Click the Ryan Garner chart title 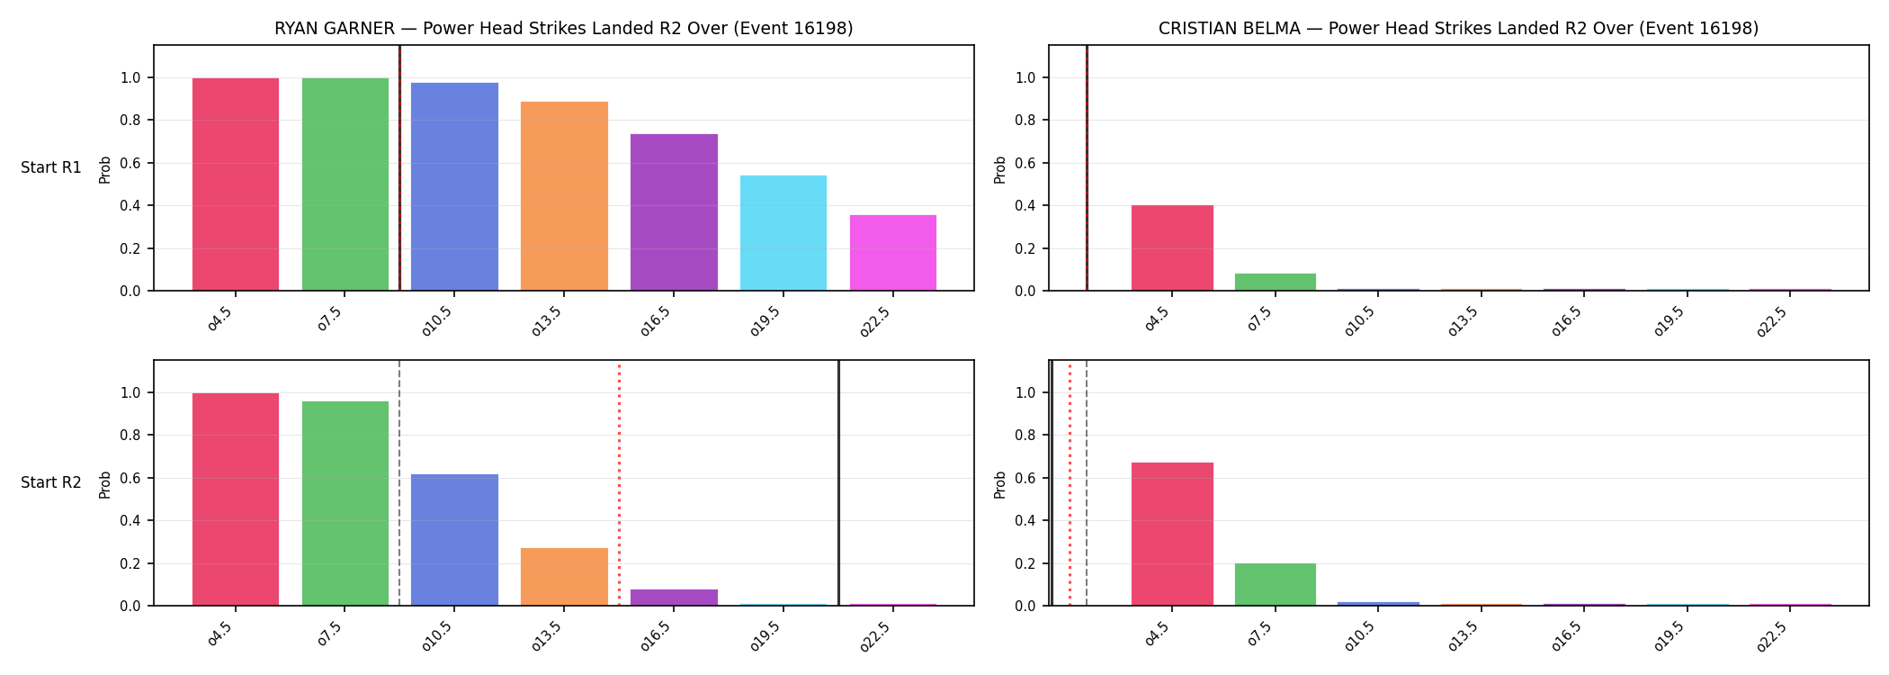(564, 29)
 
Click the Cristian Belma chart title (1458, 29)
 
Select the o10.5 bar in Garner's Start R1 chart (454, 186)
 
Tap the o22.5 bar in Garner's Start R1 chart (893, 253)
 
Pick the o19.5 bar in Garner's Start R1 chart (783, 233)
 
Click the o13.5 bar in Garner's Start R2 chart (564, 577)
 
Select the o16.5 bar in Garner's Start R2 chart (674, 598)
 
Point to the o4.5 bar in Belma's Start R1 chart (1172, 247)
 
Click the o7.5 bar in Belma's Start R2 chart (1276, 584)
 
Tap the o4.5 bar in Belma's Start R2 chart (1172, 534)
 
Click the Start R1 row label (51, 167)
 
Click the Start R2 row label (51, 482)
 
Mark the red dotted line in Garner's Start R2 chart (619, 483)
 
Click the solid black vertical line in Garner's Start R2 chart (838, 483)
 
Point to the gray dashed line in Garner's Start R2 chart (399, 483)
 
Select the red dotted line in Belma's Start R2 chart (1070, 483)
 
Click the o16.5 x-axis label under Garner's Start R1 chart (659, 319)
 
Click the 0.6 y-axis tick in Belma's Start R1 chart (1025, 163)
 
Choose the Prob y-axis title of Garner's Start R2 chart (105, 484)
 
